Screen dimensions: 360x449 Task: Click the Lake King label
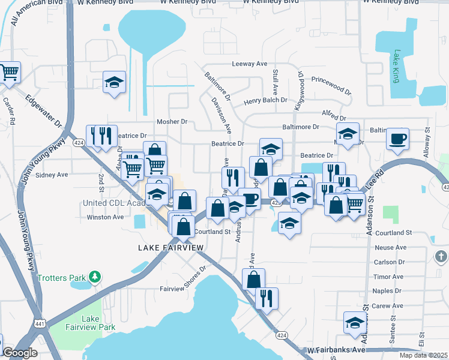[x=396, y=67]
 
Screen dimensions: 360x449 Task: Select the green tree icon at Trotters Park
[x=94, y=277]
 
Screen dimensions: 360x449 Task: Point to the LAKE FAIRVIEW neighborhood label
[x=171, y=247]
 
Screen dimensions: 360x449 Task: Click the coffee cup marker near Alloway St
[x=397, y=139]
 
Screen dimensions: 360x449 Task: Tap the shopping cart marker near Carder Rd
[x=9, y=73]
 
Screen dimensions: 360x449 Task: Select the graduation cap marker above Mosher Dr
[x=114, y=82]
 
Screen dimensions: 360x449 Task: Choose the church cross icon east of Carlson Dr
[x=441, y=257]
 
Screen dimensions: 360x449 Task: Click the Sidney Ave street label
[x=52, y=175]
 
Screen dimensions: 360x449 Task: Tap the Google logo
[x=20, y=353]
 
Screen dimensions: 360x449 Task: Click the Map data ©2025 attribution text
[x=423, y=355]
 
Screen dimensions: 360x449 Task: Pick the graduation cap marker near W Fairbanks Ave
[x=355, y=323]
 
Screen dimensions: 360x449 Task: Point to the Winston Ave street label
[x=105, y=217]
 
